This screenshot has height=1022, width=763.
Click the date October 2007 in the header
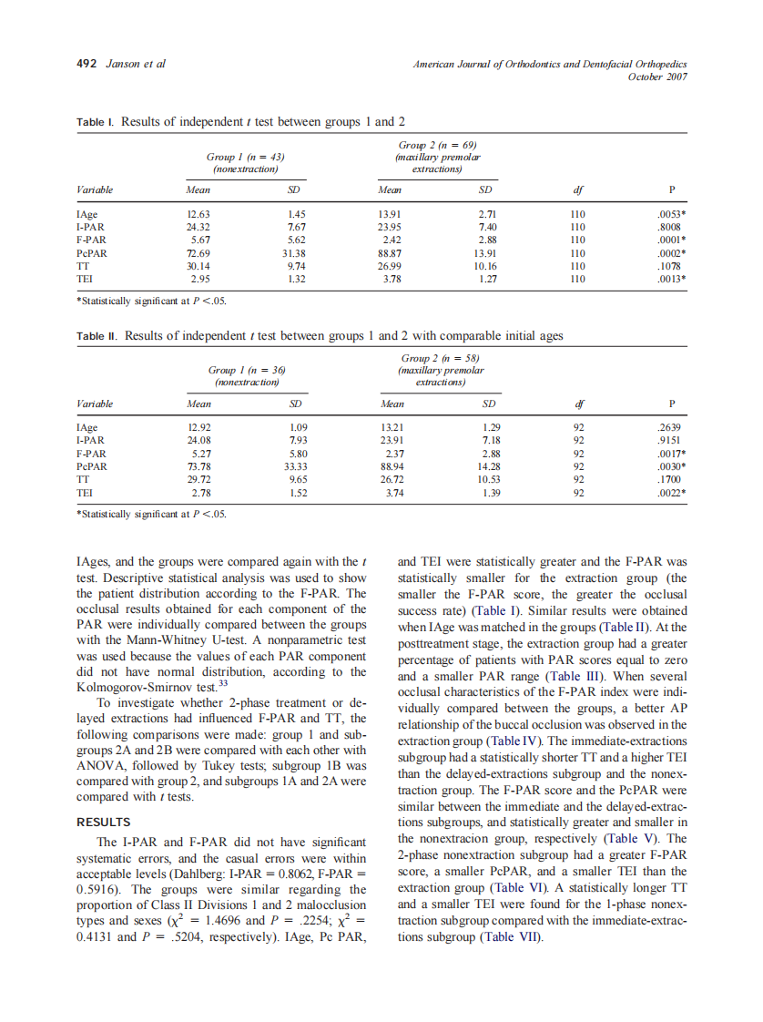[x=657, y=77]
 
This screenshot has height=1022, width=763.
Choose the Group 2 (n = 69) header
[x=438, y=146]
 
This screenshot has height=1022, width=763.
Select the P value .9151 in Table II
[x=671, y=439]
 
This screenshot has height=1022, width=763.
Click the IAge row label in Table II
[x=87, y=427]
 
